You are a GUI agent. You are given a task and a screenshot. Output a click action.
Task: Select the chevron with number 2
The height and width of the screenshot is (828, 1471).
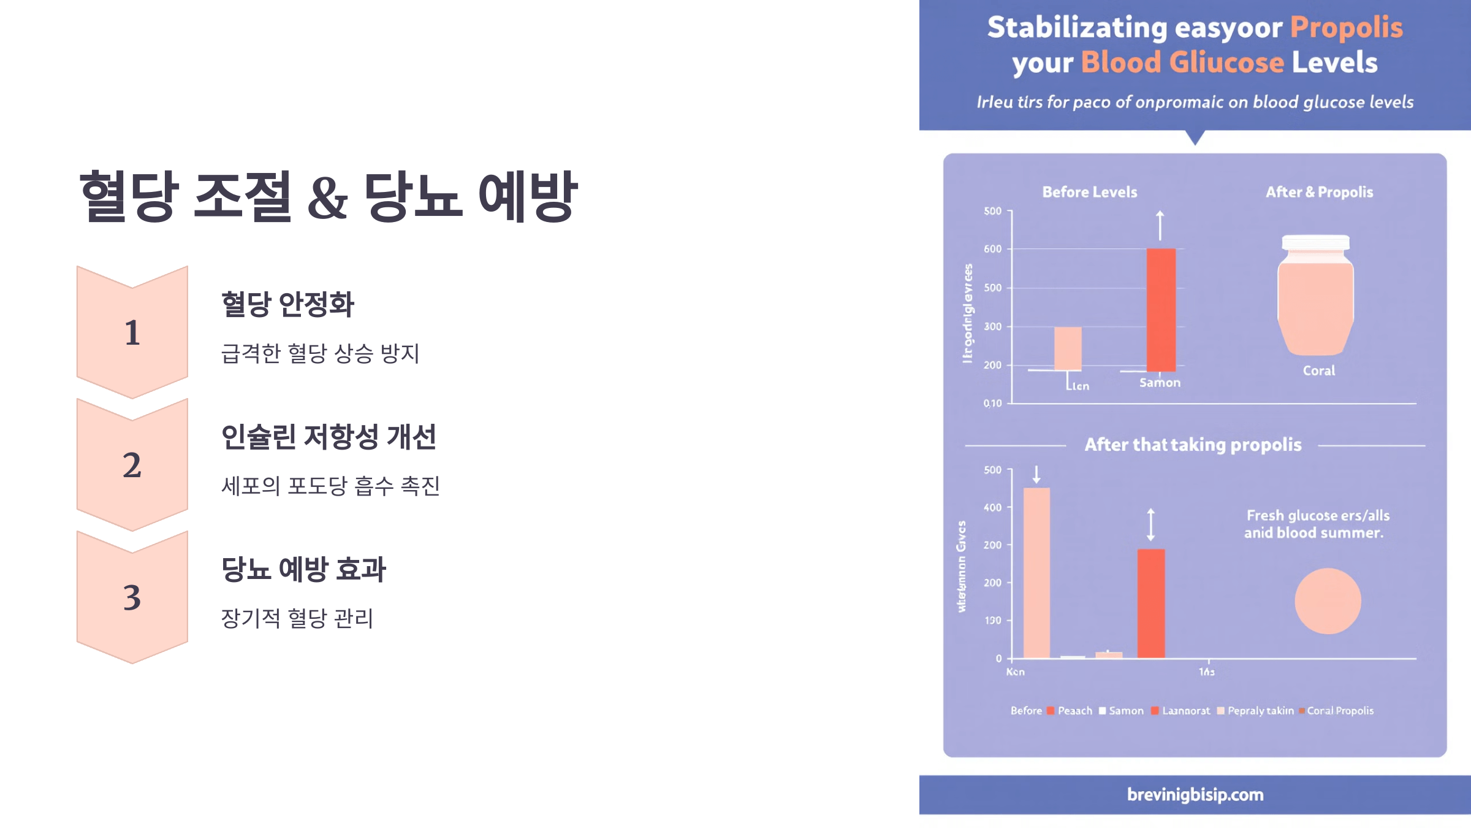[132, 465]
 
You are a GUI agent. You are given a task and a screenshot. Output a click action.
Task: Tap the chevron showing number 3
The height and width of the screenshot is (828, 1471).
[132, 597]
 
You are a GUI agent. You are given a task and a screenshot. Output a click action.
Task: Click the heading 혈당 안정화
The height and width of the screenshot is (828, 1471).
[287, 304]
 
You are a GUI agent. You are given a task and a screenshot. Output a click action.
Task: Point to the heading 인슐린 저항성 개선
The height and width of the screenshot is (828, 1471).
[329, 437]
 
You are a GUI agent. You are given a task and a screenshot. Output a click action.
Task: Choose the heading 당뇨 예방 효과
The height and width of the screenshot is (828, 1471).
[303, 569]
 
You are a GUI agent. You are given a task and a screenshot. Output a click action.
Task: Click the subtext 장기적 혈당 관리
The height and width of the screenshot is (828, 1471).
[297, 618]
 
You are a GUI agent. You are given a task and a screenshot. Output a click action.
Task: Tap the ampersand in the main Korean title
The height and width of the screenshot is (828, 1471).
[327, 197]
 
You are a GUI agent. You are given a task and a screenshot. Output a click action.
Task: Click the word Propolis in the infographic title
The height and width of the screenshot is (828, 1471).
[1346, 28]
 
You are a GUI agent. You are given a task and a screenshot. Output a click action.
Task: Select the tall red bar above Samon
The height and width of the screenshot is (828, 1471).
[1161, 310]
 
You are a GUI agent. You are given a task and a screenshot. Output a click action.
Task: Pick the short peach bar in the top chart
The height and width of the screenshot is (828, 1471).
[1068, 348]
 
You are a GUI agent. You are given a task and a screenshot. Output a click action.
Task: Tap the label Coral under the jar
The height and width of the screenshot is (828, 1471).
[1318, 370]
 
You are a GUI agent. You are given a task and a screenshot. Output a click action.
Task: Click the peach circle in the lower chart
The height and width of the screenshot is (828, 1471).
[1328, 601]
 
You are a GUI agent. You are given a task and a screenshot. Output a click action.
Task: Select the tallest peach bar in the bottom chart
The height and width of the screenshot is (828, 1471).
[1036, 573]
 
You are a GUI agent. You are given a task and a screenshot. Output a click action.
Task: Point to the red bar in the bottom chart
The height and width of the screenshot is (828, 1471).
[1151, 604]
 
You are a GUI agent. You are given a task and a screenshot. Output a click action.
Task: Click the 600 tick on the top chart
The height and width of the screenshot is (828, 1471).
[992, 249]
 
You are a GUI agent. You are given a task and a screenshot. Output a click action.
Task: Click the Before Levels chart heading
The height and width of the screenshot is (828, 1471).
[1089, 192]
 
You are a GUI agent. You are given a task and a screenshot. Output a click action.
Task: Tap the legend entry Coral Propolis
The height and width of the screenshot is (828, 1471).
[1340, 710]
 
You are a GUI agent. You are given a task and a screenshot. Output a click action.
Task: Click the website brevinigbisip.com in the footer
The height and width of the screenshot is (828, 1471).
[1195, 794]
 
